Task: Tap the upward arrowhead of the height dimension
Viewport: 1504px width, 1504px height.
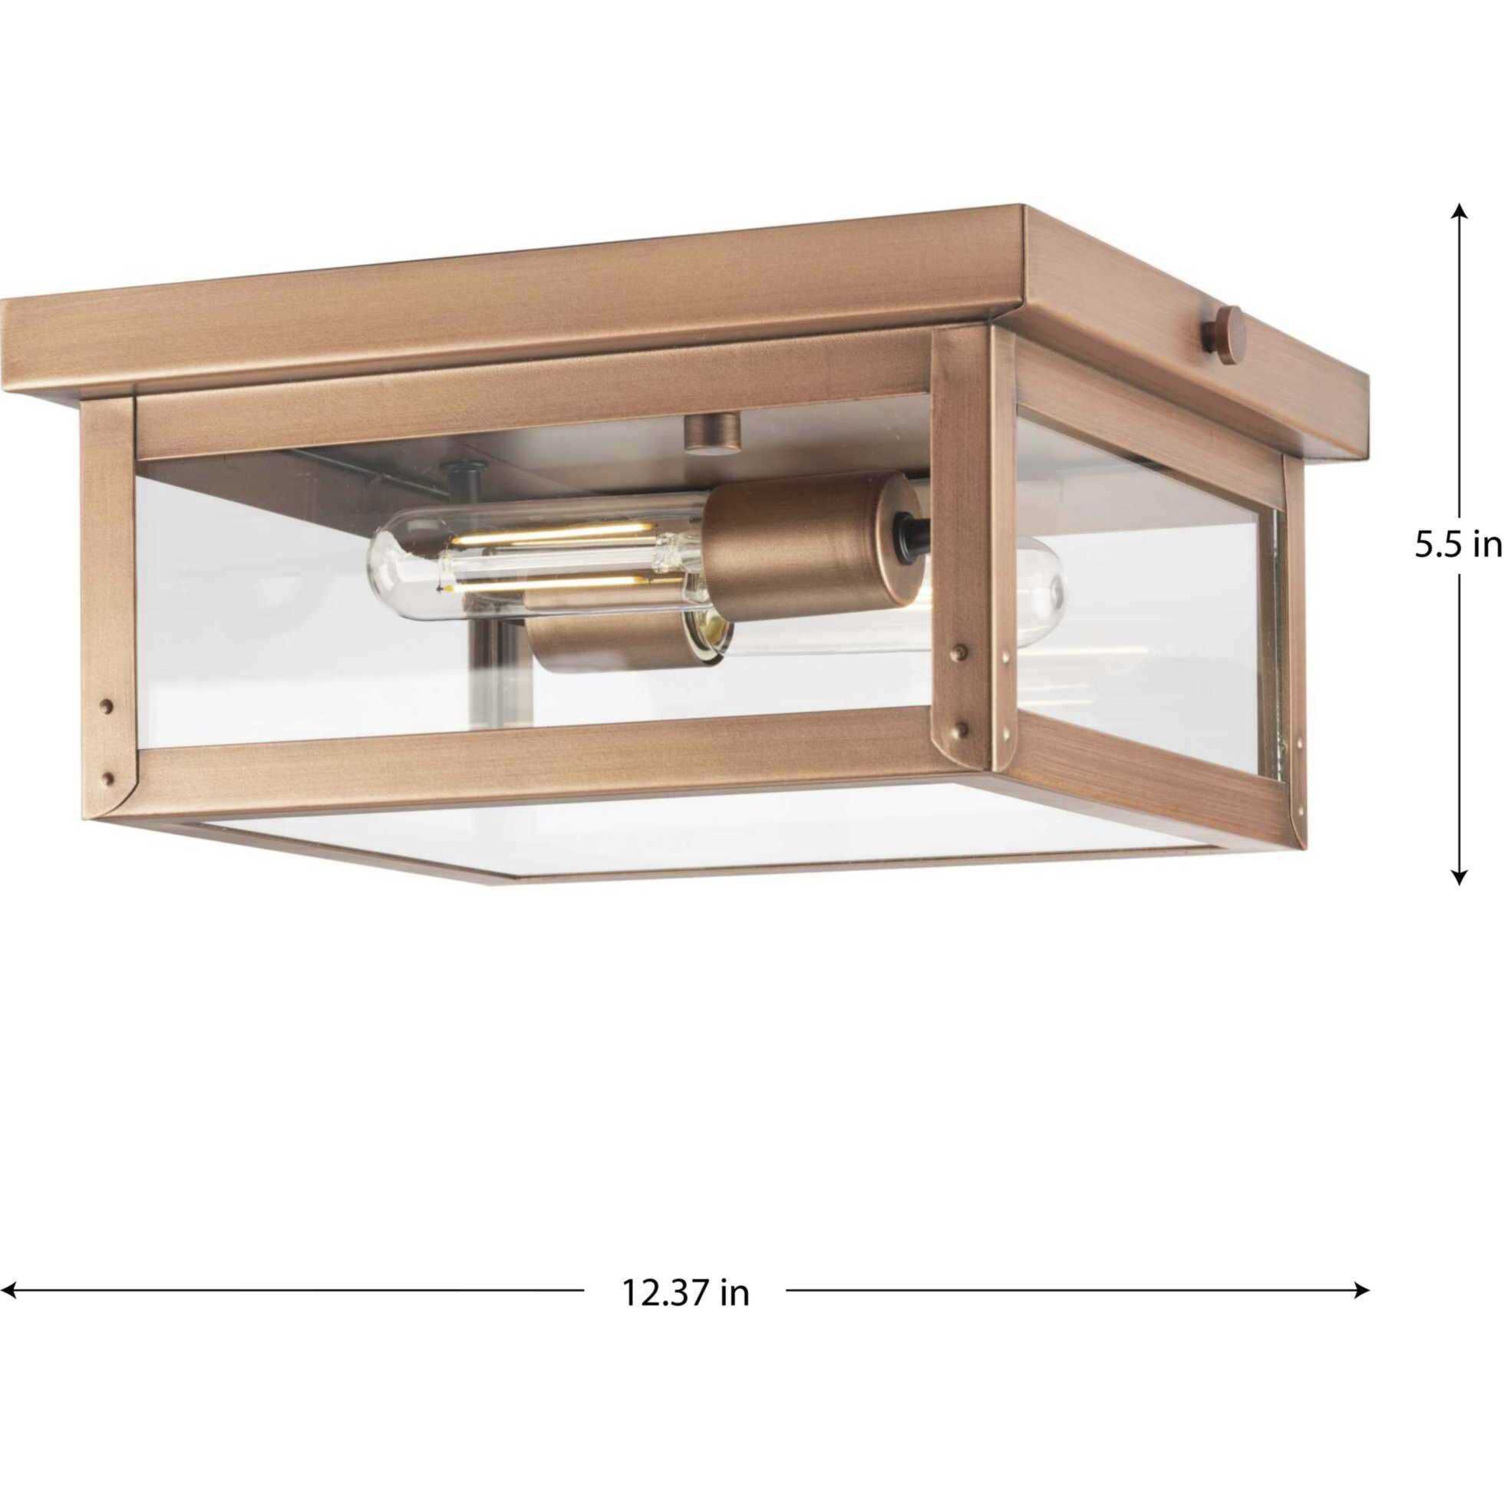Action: (1460, 210)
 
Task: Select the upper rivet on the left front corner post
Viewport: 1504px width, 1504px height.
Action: (107, 707)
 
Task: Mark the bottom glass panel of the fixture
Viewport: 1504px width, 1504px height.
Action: (701, 833)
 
